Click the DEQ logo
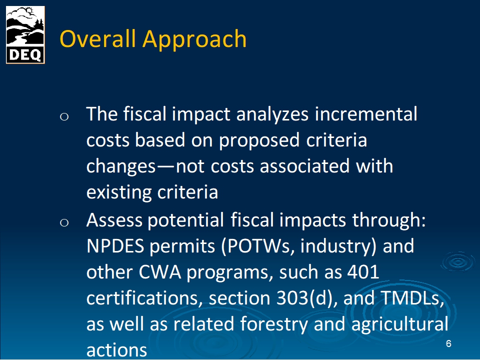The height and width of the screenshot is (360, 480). coord(25,35)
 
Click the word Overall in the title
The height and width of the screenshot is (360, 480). coord(97,39)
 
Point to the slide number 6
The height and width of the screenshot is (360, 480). coord(448,344)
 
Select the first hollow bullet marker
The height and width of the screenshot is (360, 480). coord(64,116)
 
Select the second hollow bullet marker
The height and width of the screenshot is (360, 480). coord(64,222)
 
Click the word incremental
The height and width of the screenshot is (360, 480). coord(366,114)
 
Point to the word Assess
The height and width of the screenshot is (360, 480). coord(114,220)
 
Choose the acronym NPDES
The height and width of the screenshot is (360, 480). coord(115,246)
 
